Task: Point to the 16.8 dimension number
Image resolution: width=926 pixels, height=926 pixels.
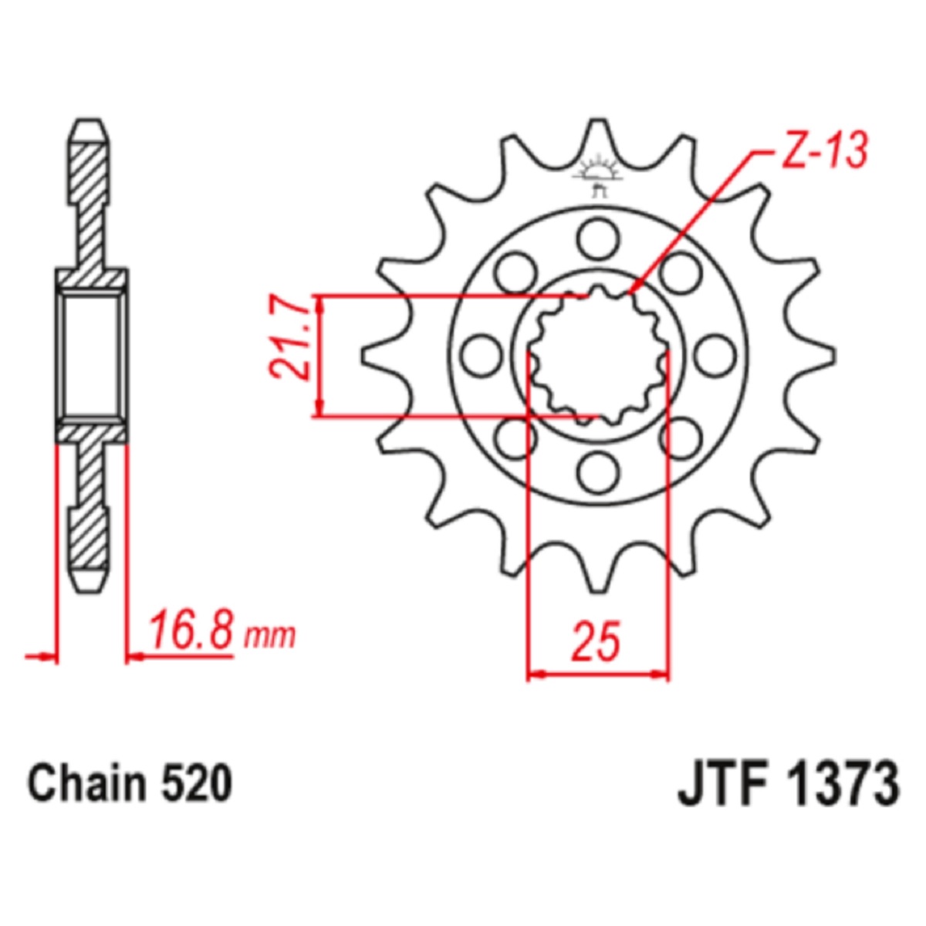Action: click(191, 634)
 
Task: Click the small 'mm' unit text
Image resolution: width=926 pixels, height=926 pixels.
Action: click(269, 637)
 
